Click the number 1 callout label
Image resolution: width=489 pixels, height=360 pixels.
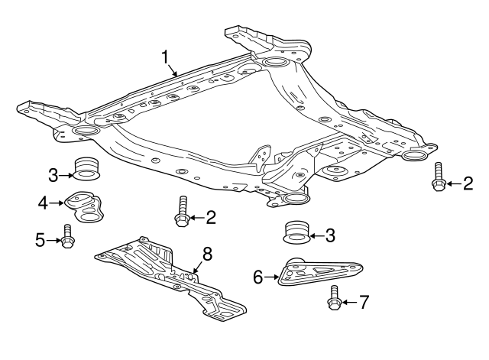coord(164,57)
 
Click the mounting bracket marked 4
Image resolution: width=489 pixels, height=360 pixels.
coord(86,206)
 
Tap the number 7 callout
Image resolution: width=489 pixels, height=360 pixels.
coord(364,303)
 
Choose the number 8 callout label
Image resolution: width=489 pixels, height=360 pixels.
coord(206,253)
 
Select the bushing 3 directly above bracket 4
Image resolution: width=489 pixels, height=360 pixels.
coord(86,168)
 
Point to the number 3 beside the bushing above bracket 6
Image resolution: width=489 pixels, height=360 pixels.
coord(330,236)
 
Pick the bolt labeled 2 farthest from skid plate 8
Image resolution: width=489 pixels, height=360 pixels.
coord(439,177)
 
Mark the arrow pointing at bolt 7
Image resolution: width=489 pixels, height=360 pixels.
coord(349,303)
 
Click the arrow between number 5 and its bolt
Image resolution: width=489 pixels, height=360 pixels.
coord(55,240)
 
